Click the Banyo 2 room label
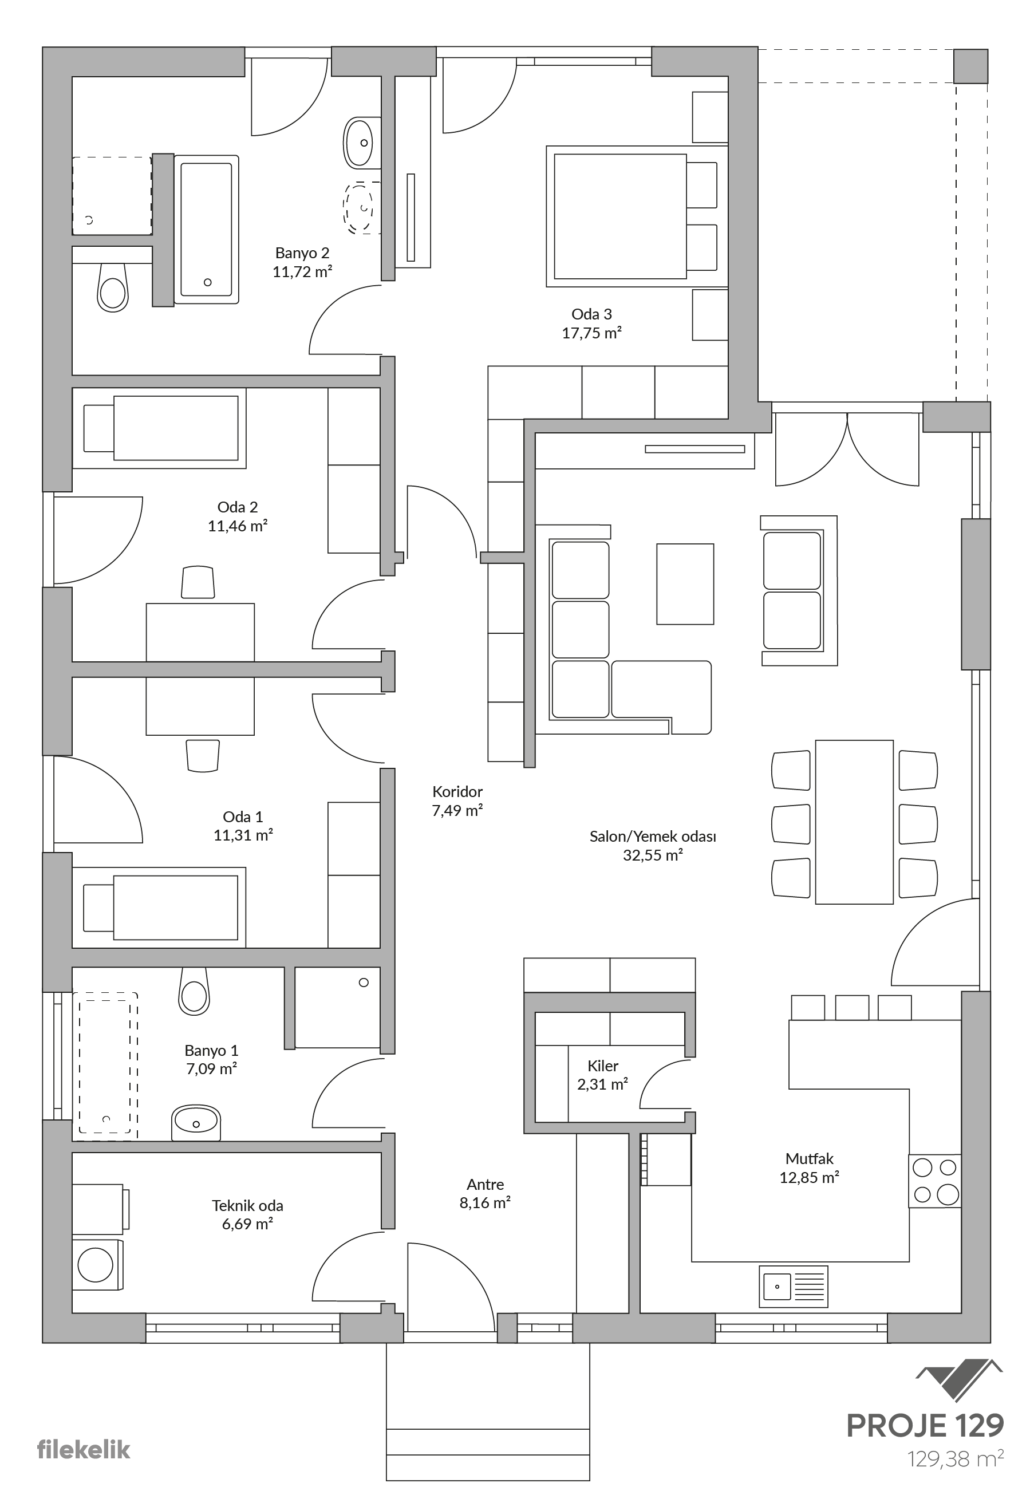tap(302, 253)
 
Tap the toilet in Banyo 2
tap(112, 287)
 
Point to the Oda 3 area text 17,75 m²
tap(591, 333)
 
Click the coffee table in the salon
tap(685, 584)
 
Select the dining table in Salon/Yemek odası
tap(854, 822)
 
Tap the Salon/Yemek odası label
tap(653, 836)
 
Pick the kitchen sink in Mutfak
tap(794, 1286)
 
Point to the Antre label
tap(486, 1185)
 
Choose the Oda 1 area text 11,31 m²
tap(243, 835)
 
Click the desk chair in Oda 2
tap(198, 582)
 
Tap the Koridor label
tap(457, 791)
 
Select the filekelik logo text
tap(84, 1450)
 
